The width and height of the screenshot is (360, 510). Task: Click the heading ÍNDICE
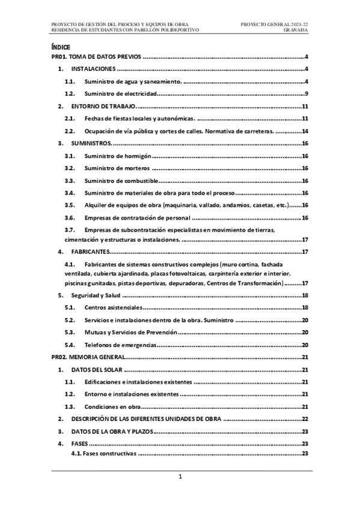click(x=61, y=46)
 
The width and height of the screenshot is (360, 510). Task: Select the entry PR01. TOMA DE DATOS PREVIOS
click(x=97, y=57)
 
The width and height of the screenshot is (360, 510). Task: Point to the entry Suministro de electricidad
click(x=121, y=94)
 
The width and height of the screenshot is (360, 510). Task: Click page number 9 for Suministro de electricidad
click(x=307, y=94)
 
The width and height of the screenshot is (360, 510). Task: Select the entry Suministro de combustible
click(x=121, y=180)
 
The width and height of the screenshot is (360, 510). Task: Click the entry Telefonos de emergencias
click(x=120, y=345)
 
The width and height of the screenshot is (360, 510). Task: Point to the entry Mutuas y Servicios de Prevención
click(x=130, y=333)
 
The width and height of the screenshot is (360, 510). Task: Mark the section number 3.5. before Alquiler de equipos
click(x=70, y=205)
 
